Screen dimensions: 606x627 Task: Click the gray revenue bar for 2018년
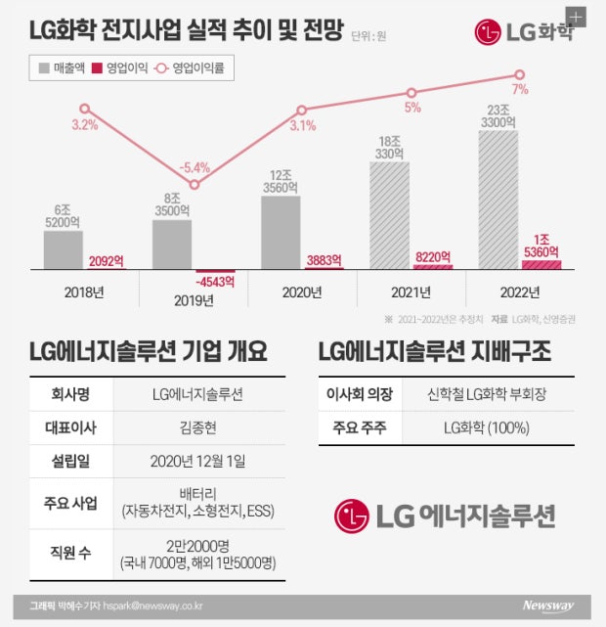[64, 250]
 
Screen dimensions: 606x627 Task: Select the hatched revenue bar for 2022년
[498, 200]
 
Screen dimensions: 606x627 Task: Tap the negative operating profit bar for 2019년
[215, 272]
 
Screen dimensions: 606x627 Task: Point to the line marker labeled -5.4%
[195, 184]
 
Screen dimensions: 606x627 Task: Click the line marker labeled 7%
[519, 74]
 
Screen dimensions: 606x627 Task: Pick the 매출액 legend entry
[62, 67]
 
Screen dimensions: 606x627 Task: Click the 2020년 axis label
[302, 292]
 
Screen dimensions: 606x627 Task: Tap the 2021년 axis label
[411, 292]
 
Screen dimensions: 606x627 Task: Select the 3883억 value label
[324, 260]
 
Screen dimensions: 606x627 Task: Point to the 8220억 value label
[433, 256]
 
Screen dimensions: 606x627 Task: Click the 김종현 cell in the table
[198, 427]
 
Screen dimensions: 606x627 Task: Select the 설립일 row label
[70, 461]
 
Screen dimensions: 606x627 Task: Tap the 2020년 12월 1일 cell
[197, 461]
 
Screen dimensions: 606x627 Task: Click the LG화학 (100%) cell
[487, 427]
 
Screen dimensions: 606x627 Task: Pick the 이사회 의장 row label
[360, 394]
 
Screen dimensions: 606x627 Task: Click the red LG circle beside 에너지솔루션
[352, 515]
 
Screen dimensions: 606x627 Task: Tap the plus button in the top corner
[576, 18]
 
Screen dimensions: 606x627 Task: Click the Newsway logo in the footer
[548, 605]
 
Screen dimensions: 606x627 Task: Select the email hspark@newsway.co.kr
[152, 605]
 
